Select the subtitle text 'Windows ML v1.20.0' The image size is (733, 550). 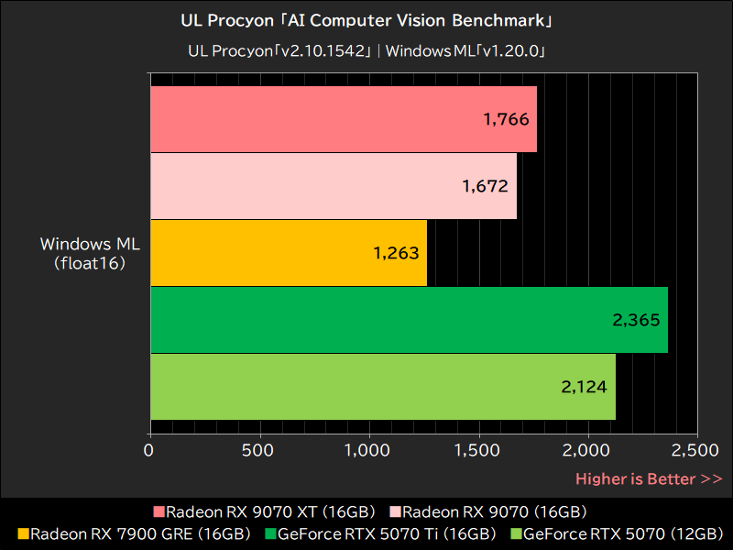click(465, 50)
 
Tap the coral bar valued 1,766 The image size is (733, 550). click(343, 119)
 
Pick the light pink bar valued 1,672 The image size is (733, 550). click(333, 186)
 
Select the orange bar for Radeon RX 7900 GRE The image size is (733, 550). click(288, 253)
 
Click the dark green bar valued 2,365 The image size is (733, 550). click(409, 320)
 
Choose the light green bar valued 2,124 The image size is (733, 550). click(382, 387)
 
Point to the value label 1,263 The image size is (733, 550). click(396, 253)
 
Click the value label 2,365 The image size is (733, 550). click(636, 320)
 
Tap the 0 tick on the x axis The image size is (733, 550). click(149, 450)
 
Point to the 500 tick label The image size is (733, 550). click(259, 450)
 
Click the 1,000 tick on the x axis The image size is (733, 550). click(368, 450)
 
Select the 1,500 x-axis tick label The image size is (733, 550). click(478, 450)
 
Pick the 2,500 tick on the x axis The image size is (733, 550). click(696, 450)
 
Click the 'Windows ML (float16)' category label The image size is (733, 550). click(89, 254)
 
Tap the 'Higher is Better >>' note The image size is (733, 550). click(649, 478)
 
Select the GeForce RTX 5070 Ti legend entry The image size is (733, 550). click(386, 533)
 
